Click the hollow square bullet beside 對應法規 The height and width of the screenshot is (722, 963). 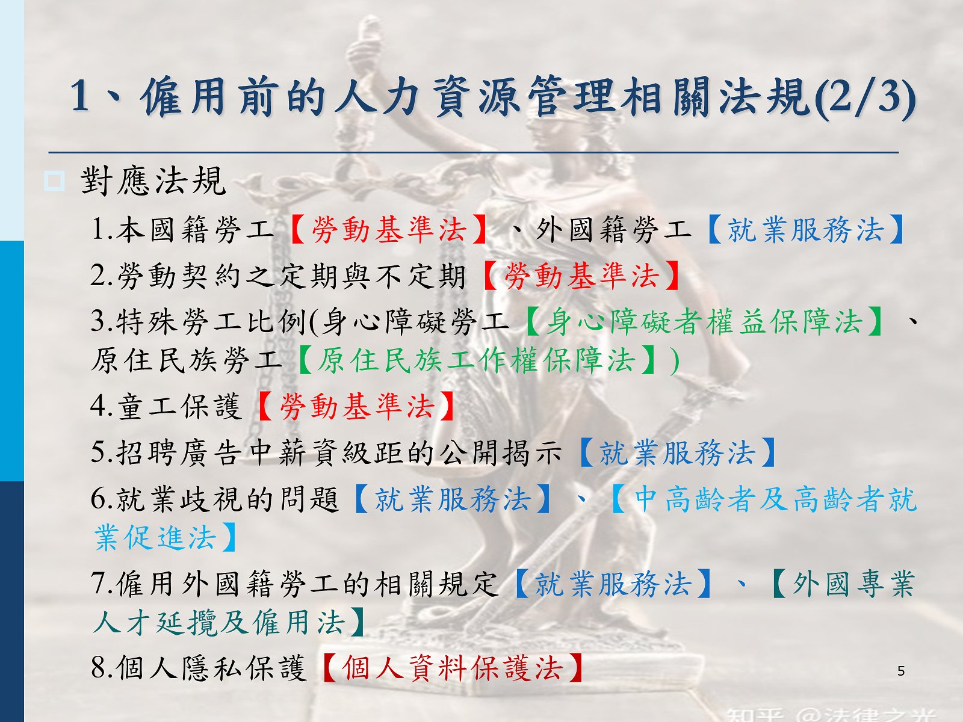(x=54, y=181)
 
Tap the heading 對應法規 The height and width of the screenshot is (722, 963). (x=153, y=181)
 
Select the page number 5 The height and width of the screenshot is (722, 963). (x=900, y=671)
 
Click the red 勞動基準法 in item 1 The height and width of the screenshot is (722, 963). (x=389, y=230)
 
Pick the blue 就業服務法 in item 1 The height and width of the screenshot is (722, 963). (x=805, y=230)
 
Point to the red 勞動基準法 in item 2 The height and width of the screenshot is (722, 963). (x=581, y=276)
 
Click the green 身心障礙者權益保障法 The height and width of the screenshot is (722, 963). (x=705, y=321)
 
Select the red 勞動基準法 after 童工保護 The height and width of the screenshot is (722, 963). (x=357, y=406)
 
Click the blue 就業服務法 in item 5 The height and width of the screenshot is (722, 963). (x=677, y=452)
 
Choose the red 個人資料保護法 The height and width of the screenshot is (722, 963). (x=453, y=668)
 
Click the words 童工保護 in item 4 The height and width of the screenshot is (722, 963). (x=179, y=406)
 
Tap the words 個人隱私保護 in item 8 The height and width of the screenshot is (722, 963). (x=211, y=668)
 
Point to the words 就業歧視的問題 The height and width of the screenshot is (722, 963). (x=228, y=499)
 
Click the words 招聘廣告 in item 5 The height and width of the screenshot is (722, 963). (x=179, y=452)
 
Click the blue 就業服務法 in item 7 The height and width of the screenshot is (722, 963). (x=613, y=584)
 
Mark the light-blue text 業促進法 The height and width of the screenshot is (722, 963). (x=155, y=537)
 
